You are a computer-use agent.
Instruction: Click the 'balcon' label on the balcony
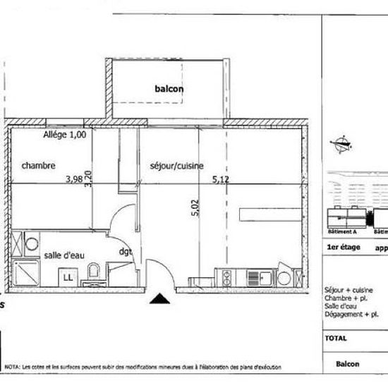click(x=169, y=89)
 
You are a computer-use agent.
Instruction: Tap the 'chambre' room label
click(x=38, y=166)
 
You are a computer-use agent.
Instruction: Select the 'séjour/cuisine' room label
click(x=176, y=166)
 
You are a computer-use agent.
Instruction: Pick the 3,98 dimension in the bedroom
click(x=73, y=180)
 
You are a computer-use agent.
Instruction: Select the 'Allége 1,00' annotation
click(x=64, y=135)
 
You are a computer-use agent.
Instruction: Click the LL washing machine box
click(x=68, y=277)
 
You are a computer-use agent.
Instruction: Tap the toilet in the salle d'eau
click(x=92, y=272)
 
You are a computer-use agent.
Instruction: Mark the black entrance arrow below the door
click(x=161, y=299)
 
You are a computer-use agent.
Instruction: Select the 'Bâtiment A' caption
click(x=341, y=231)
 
